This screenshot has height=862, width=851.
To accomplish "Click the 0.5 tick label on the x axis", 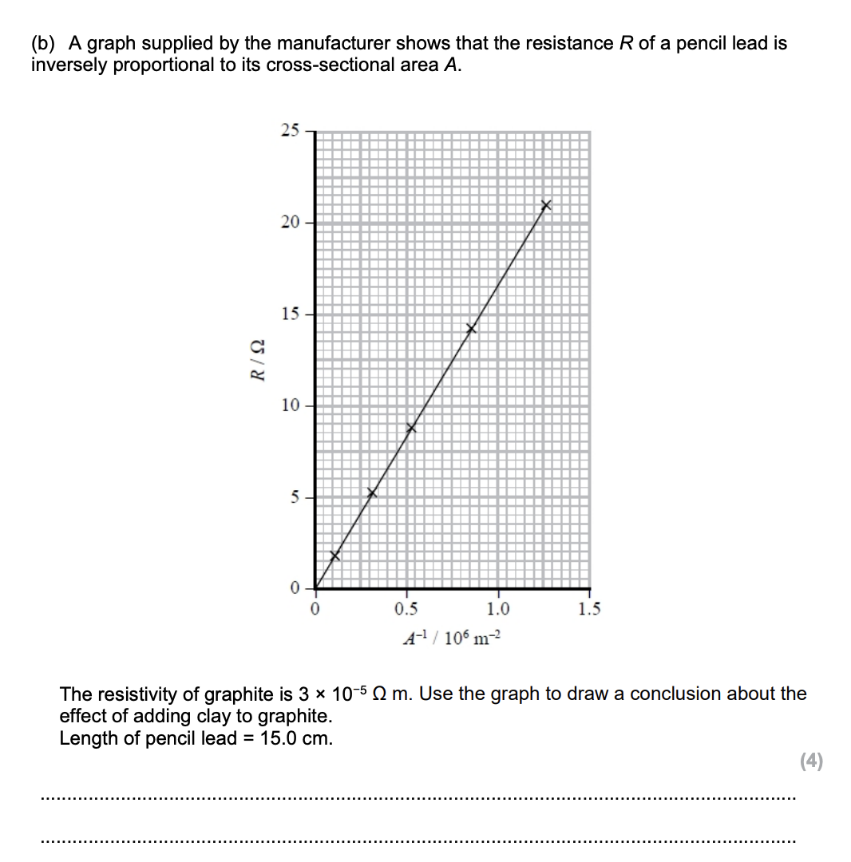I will tap(406, 611).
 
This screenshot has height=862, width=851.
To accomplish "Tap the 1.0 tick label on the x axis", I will tap(497, 611).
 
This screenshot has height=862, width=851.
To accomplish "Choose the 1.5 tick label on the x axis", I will tap(589, 611).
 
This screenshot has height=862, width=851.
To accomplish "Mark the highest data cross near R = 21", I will tap(546, 206).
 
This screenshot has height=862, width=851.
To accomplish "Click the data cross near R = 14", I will tap(471, 329).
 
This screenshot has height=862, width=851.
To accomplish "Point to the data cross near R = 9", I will tap(411, 429).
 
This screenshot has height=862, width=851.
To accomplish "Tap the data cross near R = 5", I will tap(371, 493).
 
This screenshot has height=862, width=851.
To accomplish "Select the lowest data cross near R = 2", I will tap(335, 556).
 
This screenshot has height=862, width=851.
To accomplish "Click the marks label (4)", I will tap(810, 761).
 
